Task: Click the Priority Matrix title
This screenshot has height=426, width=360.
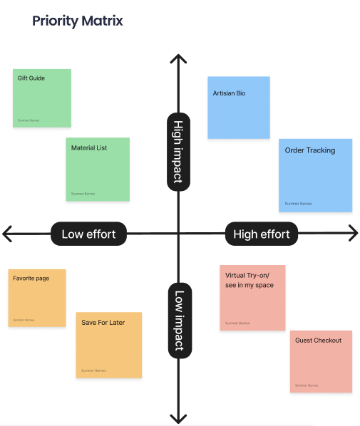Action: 77,21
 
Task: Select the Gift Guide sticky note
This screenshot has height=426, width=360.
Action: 42,98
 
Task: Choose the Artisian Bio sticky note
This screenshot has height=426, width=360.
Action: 238,107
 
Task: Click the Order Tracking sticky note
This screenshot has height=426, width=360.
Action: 315,175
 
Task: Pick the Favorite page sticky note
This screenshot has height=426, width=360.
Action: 37,298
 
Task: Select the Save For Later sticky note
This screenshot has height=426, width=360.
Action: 109,345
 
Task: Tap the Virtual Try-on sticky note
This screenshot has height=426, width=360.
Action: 252,297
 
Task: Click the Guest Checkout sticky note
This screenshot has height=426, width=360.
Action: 321,361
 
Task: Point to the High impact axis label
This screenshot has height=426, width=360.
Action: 178,151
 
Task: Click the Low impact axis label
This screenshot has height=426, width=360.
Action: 178,319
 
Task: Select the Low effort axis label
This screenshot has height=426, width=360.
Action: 88,234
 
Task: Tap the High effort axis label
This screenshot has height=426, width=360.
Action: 262,234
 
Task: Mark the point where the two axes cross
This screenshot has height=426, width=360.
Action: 178,233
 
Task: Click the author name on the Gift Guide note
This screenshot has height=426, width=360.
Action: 29,121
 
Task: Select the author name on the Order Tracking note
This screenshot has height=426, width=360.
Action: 299,204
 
